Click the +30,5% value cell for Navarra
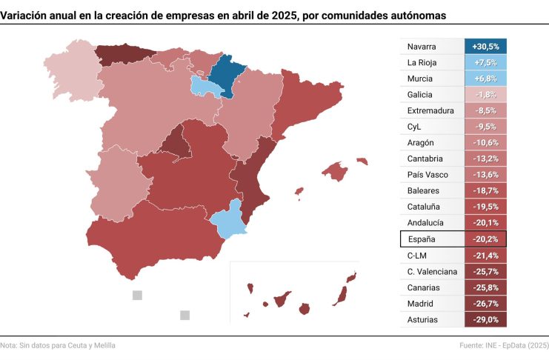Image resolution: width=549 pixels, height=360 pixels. click(485, 47)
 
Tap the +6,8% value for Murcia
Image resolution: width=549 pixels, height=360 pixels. click(485, 79)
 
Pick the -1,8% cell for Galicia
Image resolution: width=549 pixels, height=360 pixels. click(485, 95)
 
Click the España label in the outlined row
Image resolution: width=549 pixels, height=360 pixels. click(422, 239)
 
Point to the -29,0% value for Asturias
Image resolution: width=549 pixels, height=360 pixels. click(485, 319)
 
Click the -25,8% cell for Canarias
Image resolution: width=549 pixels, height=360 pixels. click(485, 287)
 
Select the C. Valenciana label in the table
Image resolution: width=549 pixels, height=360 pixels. click(432, 271)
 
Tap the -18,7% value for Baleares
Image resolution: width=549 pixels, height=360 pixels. click(485, 191)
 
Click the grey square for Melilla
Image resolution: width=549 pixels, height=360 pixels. click(184, 315)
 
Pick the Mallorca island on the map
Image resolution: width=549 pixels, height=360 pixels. click(335, 172)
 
